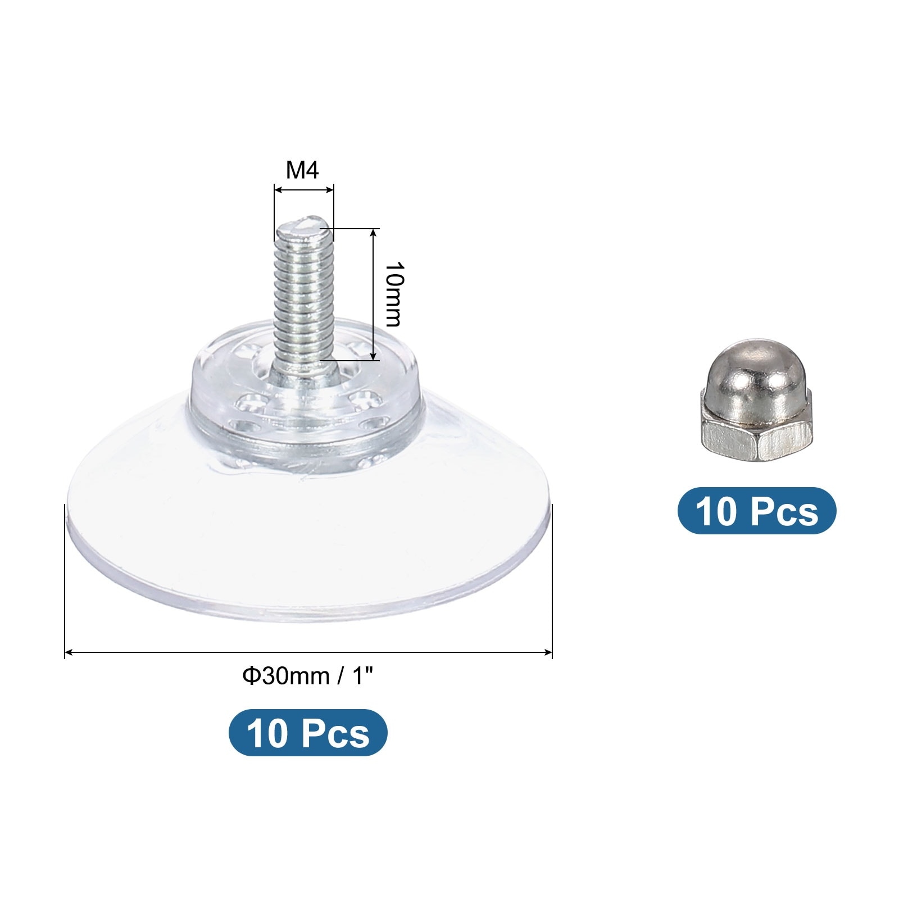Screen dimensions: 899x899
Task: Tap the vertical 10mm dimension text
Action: point(392,294)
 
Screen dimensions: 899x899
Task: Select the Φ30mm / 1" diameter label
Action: point(308,676)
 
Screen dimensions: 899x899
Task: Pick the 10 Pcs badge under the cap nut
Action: point(757,511)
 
